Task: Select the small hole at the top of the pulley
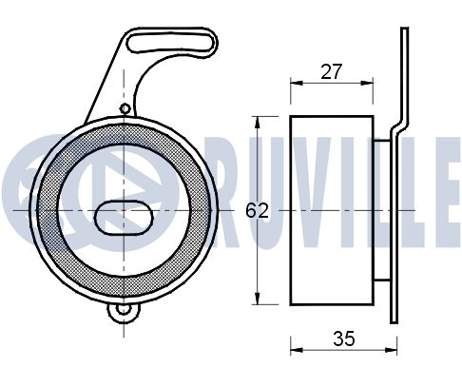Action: coord(125,108)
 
